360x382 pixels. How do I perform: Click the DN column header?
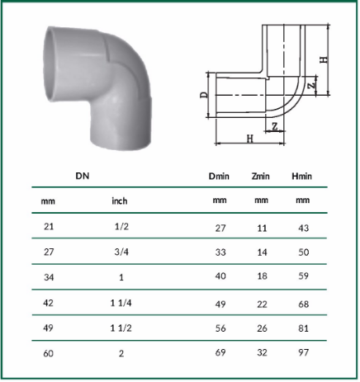(83, 176)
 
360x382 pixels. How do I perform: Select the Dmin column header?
(219, 176)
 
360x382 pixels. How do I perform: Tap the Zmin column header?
(260, 176)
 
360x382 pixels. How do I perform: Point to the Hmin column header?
(301, 176)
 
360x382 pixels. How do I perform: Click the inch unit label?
(120, 200)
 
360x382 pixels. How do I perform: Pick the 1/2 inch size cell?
(121, 227)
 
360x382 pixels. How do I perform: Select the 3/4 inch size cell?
(121, 252)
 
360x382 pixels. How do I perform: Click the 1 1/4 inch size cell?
(121, 303)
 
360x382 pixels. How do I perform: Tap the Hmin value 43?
(303, 228)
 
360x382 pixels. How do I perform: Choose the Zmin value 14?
(262, 252)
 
